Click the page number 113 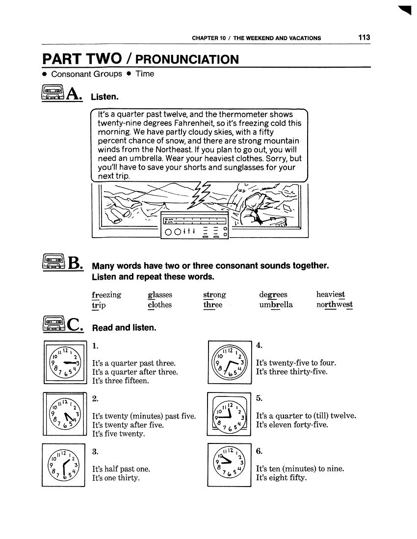pyautogui.click(x=364, y=37)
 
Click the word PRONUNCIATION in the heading pyautogui.click(x=188, y=60)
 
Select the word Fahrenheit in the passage pyautogui.click(x=202, y=123)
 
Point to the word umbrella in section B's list pyautogui.click(x=276, y=305)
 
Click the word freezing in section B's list pyautogui.click(x=106, y=294)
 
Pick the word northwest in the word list pyautogui.click(x=335, y=305)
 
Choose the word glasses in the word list pyautogui.click(x=160, y=294)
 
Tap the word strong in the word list pyautogui.click(x=214, y=294)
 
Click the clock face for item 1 pyautogui.click(x=64, y=363)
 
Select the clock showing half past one pyautogui.click(x=64, y=464)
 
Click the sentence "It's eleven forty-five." pyautogui.click(x=292, y=425)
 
